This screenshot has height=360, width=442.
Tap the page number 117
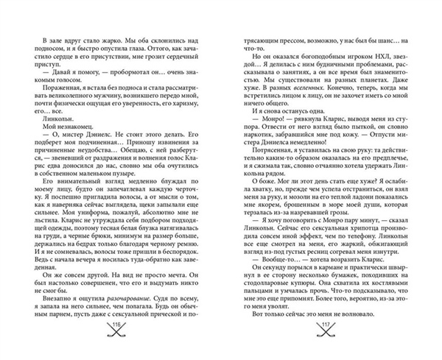click(324, 327)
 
